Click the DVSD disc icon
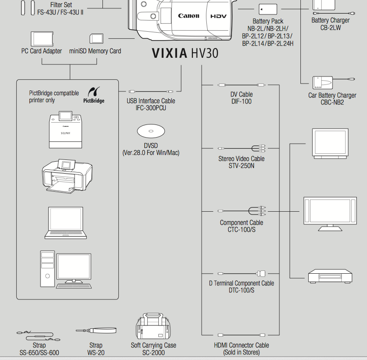coord(151,131)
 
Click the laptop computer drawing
coord(67,222)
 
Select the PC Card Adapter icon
coord(41,38)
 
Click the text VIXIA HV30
coord(185,53)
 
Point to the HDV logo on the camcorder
coord(218,16)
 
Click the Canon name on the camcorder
coord(189,16)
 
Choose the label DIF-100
coord(241,101)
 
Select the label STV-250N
coord(241,166)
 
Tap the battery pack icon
coord(267,9)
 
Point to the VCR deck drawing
coord(330,276)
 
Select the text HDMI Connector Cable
coord(241,345)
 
